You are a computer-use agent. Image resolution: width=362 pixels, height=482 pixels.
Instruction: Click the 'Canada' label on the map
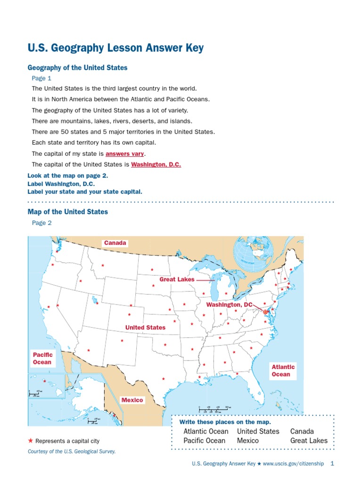click(x=115, y=243)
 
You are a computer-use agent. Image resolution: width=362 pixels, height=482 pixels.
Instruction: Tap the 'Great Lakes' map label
click(x=177, y=279)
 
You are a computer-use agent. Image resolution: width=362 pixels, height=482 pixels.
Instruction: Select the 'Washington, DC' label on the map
click(x=229, y=305)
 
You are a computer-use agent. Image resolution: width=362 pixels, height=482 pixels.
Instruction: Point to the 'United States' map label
click(x=145, y=327)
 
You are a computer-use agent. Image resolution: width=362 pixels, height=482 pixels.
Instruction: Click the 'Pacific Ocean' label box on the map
click(x=42, y=358)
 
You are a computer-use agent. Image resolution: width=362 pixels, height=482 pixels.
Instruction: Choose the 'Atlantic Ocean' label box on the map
click(x=283, y=370)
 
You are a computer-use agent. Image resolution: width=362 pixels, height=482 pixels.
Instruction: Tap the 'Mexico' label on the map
click(x=132, y=400)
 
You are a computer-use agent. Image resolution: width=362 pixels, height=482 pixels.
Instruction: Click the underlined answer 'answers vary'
click(x=125, y=154)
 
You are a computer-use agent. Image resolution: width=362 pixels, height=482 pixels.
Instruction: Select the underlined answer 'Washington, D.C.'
click(x=156, y=165)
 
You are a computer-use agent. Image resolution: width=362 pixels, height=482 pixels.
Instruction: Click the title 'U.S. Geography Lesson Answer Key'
click(x=115, y=48)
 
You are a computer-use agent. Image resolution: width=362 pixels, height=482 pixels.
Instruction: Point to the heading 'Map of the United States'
click(x=68, y=212)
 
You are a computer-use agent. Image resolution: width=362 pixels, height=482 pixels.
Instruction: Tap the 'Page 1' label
click(x=41, y=78)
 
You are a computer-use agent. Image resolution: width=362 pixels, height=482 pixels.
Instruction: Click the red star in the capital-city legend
click(x=31, y=441)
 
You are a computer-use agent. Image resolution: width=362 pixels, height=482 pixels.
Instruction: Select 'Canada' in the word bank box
click(x=302, y=431)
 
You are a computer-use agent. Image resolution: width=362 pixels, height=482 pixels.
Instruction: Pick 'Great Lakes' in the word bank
click(x=309, y=441)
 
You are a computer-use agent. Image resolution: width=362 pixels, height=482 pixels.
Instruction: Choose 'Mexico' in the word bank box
click(x=248, y=441)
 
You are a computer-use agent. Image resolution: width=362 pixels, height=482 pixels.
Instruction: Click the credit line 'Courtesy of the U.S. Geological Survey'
click(x=72, y=451)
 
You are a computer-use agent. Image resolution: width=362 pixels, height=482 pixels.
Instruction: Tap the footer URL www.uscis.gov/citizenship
click(x=293, y=464)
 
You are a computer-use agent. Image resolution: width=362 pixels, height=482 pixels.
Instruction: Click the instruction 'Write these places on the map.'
click(x=222, y=422)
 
